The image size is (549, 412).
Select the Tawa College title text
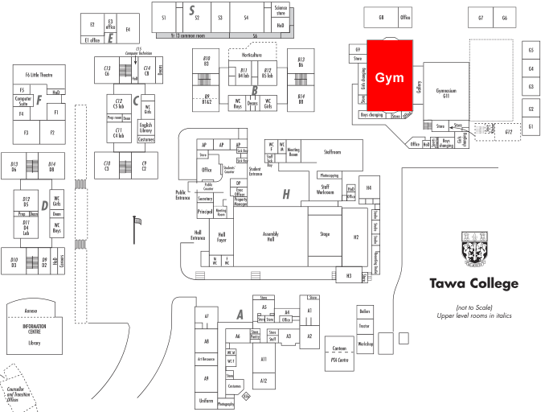[473, 283]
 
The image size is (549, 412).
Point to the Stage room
[325, 235]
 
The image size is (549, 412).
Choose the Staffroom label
[333, 151]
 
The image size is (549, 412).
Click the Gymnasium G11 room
[445, 92]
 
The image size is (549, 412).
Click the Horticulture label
[254, 55]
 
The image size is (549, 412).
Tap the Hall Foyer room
[221, 238]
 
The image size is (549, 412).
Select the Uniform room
[206, 399]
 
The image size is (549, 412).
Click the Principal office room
[205, 212]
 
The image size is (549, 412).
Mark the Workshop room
[365, 344]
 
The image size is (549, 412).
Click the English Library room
[145, 126]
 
